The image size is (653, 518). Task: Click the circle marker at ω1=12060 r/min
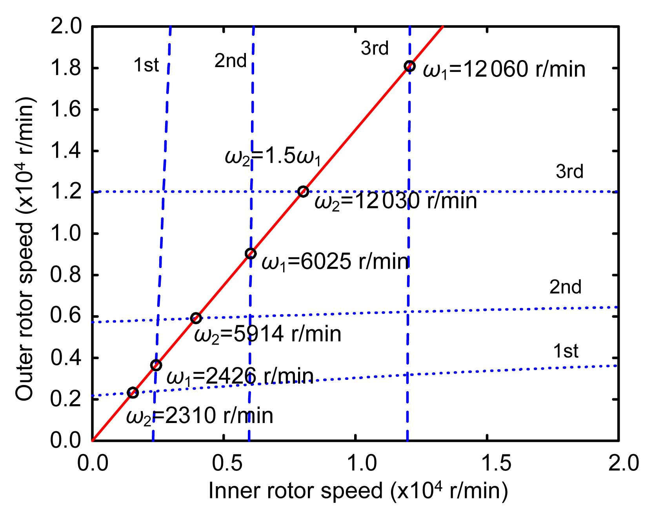[409, 66]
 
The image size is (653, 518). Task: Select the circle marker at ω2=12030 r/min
[303, 192]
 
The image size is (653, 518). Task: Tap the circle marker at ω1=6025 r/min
[251, 254]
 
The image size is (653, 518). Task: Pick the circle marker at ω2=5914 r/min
[196, 318]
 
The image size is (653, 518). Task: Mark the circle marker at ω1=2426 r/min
[156, 365]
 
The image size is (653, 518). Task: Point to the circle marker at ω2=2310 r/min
[133, 393]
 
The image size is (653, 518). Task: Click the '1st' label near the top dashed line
[146, 65]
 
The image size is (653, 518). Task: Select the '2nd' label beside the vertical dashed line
[230, 61]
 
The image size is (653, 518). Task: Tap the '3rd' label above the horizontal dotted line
[569, 172]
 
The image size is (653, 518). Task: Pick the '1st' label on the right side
[566, 351]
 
